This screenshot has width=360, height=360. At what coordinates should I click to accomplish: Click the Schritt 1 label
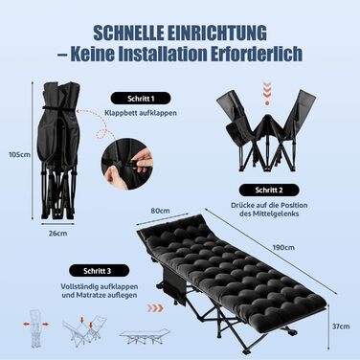[141, 99]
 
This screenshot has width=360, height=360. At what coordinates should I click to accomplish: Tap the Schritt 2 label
[269, 191]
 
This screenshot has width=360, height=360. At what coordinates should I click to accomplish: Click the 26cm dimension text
[57, 234]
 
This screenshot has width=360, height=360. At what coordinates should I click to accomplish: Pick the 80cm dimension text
[160, 211]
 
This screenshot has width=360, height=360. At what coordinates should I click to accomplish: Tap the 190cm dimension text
[283, 247]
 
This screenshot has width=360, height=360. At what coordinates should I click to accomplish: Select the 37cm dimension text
[341, 326]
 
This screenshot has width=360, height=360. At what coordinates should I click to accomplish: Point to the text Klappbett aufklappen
[141, 113]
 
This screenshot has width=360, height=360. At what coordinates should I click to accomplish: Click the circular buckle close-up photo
[127, 164]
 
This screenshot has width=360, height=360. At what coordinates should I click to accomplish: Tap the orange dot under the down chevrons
[267, 103]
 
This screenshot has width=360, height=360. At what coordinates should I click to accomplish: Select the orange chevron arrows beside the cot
[155, 308]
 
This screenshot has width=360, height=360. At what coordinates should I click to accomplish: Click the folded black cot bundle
[58, 150]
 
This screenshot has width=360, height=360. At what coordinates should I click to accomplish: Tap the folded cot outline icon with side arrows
[36, 328]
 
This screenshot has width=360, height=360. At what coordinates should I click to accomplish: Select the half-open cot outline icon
[84, 330]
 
